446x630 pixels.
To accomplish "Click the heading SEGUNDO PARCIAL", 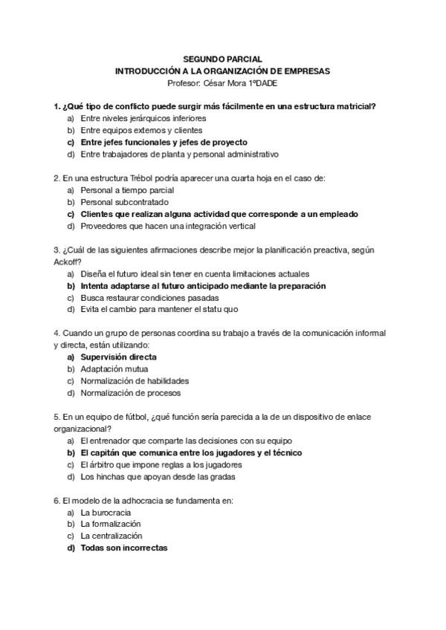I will (222, 59).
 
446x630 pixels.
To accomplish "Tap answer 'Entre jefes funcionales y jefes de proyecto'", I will (164, 142).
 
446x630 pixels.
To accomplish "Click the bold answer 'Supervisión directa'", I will (118, 357).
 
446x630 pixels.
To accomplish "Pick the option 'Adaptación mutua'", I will (114, 369).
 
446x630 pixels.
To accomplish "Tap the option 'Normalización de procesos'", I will (130, 393).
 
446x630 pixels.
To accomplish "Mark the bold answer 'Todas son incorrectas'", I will (123, 548).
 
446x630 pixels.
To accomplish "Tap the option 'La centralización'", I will (111, 536).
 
